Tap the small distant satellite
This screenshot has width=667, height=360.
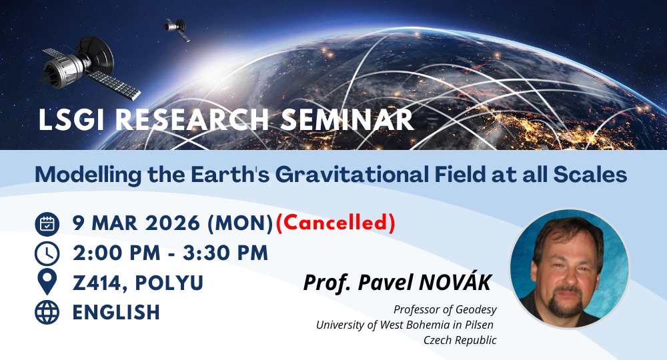(x=177, y=29)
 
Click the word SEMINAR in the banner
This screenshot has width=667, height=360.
(x=347, y=120)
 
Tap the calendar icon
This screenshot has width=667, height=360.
(x=47, y=224)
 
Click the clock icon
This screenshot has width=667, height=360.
(x=47, y=254)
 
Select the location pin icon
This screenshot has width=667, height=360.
(x=47, y=282)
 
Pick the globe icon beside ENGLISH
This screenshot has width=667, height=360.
(x=47, y=313)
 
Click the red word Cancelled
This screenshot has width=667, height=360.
(x=336, y=223)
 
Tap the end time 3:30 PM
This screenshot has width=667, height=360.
(x=225, y=253)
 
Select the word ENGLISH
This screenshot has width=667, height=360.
(x=116, y=313)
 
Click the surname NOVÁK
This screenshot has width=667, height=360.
(x=455, y=282)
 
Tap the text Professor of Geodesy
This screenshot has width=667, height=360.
(x=445, y=310)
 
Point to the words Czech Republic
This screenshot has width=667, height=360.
(x=460, y=340)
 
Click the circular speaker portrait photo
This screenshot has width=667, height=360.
(x=569, y=269)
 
